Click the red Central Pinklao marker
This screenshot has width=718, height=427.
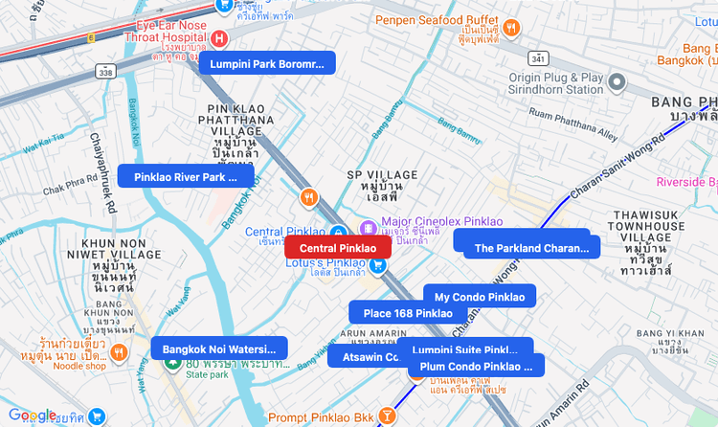coord(338,248)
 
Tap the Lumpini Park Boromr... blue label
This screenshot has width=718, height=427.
coord(261,63)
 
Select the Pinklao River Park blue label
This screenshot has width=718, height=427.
coord(187,176)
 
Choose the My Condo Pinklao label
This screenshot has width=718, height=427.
coord(480,297)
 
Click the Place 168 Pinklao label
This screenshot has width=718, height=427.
coord(408,313)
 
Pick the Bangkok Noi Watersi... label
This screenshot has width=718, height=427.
coord(219,348)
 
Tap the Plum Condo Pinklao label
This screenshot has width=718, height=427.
coord(476,366)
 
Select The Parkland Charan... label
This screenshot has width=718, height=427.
coord(530,248)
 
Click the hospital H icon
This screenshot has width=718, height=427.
coord(218,38)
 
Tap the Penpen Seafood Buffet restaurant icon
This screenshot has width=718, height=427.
coord(511,28)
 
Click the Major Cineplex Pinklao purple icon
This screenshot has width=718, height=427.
coord(368,226)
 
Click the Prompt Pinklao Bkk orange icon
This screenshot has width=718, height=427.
coord(386,416)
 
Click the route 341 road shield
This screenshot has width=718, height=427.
coord(539,58)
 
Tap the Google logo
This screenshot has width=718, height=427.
coord(32,416)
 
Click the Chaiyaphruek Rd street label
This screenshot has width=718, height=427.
coord(103,173)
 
